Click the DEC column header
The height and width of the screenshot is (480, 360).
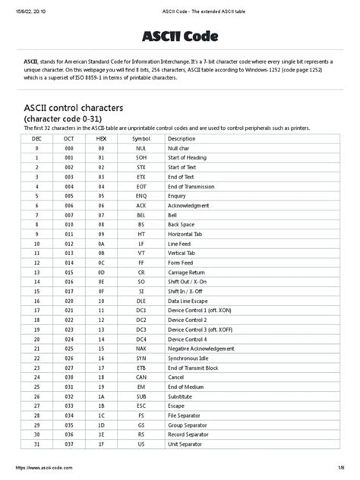pos(37,139)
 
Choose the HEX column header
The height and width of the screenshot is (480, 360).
pos(101,139)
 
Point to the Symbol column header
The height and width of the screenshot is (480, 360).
pos(141,139)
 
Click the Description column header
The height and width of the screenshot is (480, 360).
pos(182,139)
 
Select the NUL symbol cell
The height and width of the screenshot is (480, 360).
pos(141,149)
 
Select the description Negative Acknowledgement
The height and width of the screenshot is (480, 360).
pos(203,349)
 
